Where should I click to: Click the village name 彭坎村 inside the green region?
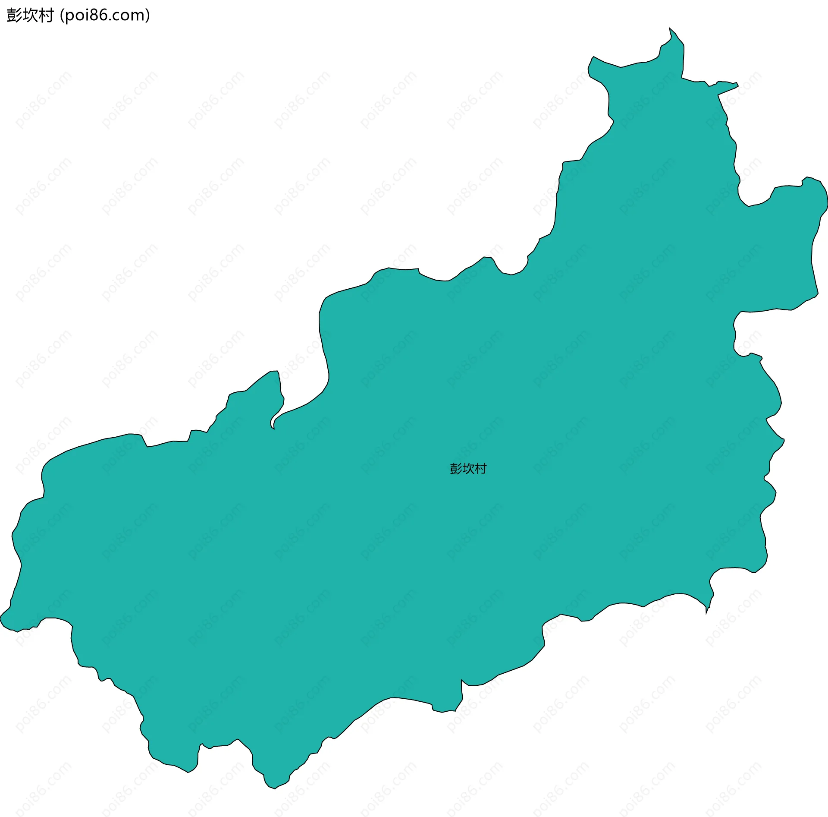tap(468, 469)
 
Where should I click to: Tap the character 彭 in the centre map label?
tap(456, 469)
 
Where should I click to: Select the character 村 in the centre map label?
tap(481, 469)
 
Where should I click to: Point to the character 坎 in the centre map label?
tap(468, 469)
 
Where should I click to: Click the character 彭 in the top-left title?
tap(14, 16)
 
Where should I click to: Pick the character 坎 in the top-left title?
tap(30, 16)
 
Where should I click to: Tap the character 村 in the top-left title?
tap(46, 16)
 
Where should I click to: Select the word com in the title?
tap(130, 16)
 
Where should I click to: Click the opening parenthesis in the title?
tap(62, 16)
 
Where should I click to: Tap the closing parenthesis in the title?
tap(148, 16)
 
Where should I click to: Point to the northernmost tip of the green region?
tap(670, 28)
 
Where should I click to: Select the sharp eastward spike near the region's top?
tap(737, 85)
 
